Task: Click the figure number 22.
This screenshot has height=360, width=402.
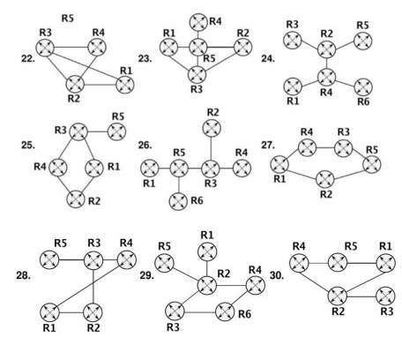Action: [28, 59]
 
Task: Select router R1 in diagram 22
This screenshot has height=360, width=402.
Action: [125, 85]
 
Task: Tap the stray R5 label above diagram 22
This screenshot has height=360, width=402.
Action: [68, 19]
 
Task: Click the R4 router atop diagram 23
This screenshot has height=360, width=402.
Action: [198, 22]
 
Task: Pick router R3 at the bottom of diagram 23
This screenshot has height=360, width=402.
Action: [197, 74]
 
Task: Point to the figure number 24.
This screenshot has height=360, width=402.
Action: [268, 59]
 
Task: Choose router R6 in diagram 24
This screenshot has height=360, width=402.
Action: [363, 87]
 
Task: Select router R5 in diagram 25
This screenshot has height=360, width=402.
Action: [117, 131]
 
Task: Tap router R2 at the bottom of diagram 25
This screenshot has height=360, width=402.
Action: [76, 199]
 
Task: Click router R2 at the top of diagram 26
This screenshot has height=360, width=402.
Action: [212, 128]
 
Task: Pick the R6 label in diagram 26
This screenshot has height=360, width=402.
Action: [197, 200]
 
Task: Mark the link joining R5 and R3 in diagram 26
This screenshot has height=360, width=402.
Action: [195, 169]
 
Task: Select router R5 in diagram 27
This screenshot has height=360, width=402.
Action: [372, 164]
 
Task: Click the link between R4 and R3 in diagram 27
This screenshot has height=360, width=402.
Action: [325, 147]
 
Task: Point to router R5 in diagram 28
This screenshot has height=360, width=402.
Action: [49, 259]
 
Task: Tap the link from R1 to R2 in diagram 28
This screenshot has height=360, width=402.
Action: [71, 312]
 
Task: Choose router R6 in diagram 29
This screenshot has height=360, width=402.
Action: [225, 311]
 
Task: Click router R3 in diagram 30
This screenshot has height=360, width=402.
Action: [385, 296]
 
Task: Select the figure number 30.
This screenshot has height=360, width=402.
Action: [277, 275]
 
